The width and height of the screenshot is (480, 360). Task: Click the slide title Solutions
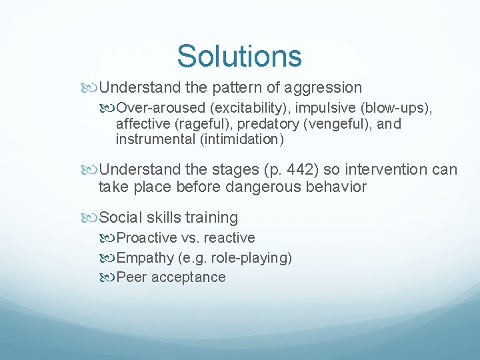coord(239,56)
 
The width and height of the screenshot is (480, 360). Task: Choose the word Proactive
coord(147,238)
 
